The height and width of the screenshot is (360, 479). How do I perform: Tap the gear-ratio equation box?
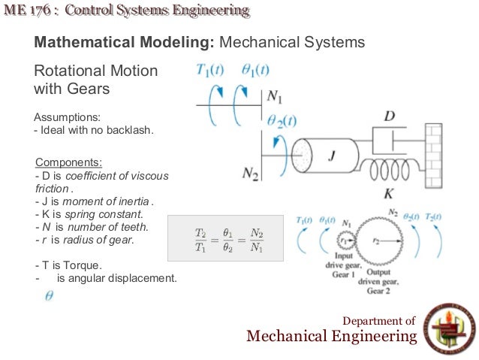(x=225, y=238)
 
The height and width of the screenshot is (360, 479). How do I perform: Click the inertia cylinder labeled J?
(x=331, y=157)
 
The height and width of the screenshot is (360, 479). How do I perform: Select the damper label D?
(x=389, y=116)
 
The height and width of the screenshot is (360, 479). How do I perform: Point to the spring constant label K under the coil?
(x=389, y=193)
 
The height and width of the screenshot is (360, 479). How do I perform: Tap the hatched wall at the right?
(x=435, y=157)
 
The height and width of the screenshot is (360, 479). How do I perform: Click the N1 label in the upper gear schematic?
(x=275, y=97)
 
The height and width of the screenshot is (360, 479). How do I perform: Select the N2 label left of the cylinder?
(x=250, y=174)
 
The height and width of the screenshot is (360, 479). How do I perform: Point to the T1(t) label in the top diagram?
(x=212, y=71)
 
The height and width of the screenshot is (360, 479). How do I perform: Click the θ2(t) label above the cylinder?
(x=282, y=120)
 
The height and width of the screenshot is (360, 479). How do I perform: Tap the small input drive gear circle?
(x=346, y=240)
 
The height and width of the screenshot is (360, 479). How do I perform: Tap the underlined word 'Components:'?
(x=69, y=162)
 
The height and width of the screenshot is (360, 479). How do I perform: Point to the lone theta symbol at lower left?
(x=49, y=296)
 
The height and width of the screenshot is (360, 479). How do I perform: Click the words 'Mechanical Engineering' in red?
(x=331, y=336)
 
